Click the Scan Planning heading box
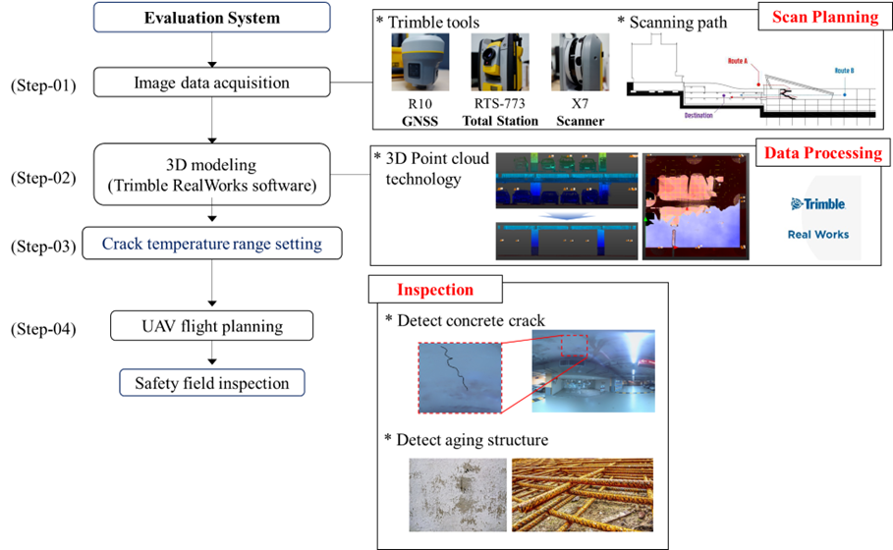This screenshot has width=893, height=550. click(824, 17)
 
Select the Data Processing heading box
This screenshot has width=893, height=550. click(822, 152)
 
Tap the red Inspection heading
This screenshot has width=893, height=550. click(434, 290)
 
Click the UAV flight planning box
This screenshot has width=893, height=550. click(211, 326)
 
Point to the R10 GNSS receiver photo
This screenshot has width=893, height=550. click(419, 61)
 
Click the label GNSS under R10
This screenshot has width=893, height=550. click(419, 121)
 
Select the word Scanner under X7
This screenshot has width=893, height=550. click(580, 121)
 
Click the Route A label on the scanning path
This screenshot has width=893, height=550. click(738, 61)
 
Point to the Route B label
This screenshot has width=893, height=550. click(844, 71)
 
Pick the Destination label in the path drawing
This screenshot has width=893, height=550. click(698, 115)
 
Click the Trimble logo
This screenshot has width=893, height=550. click(818, 204)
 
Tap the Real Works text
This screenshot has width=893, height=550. click(818, 235)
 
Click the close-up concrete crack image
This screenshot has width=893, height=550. click(459, 377)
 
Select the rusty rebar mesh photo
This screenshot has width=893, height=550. click(583, 494)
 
